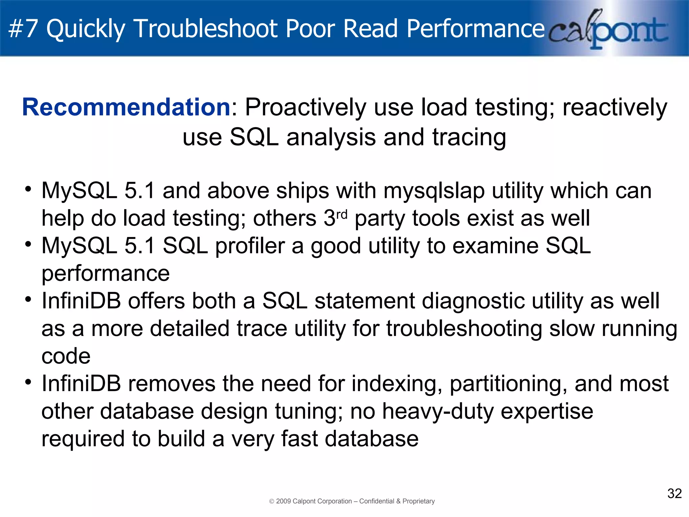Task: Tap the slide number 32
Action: (x=674, y=494)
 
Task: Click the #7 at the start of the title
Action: (x=23, y=28)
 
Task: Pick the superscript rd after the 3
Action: (x=341, y=214)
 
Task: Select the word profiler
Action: (x=250, y=246)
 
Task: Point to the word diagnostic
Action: (x=473, y=301)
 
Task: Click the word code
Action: (x=66, y=356)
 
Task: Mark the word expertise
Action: (x=547, y=412)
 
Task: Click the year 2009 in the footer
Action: (x=283, y=501)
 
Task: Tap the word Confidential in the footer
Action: (x=377, y=501)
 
